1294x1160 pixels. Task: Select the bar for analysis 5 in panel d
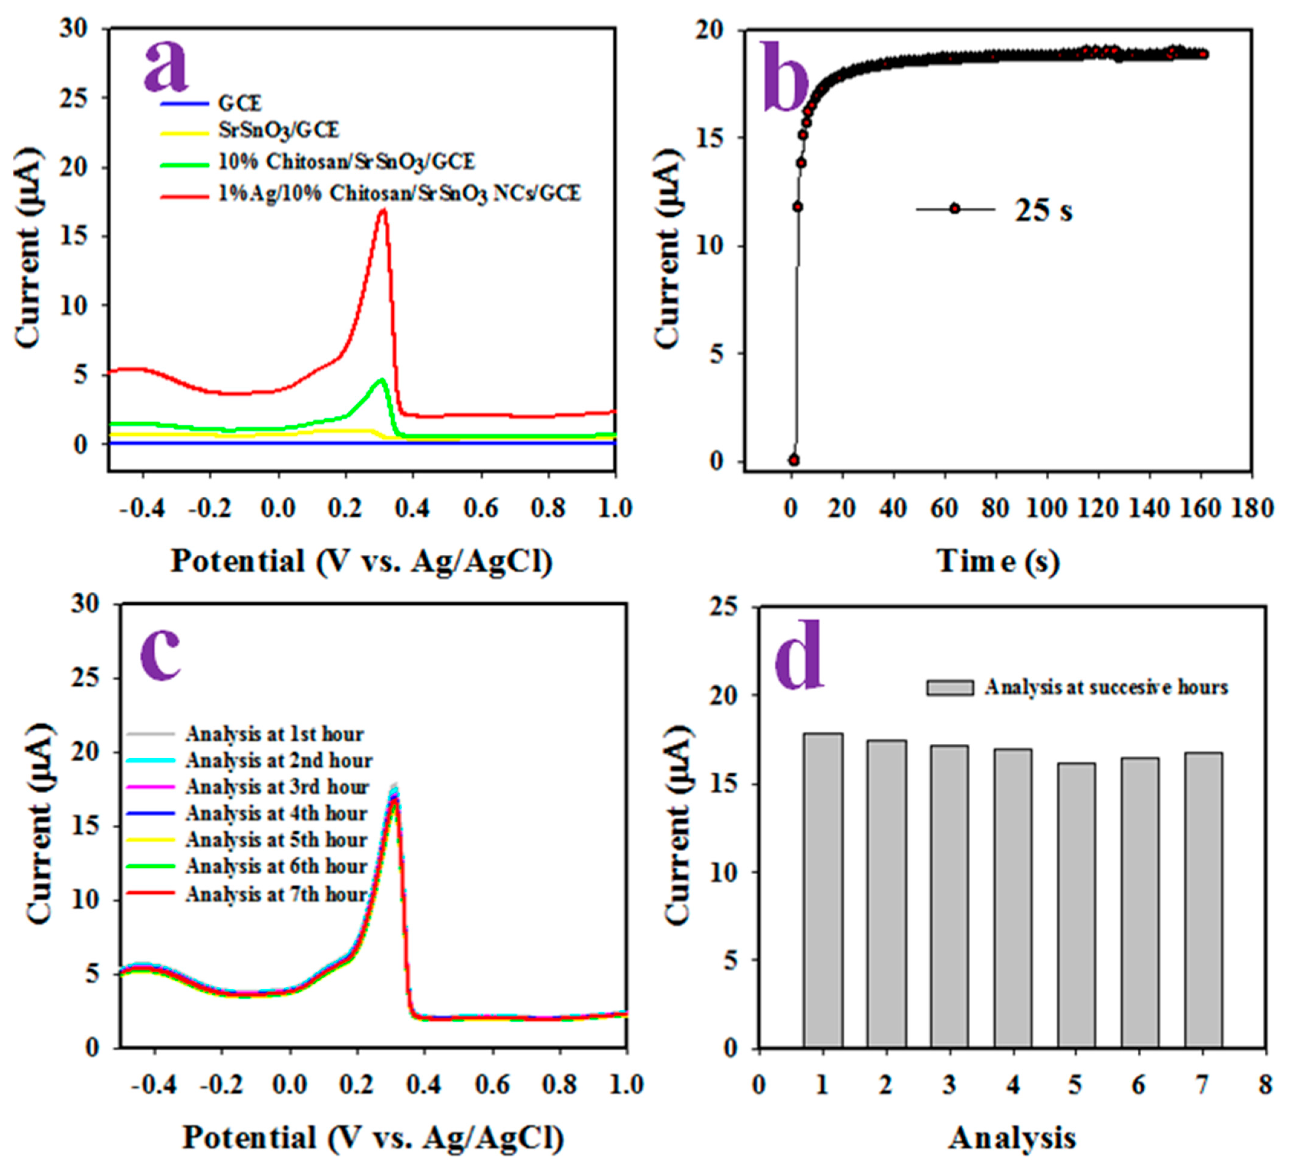(1077, 905)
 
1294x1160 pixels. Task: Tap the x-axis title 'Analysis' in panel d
(1012, 1138)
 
